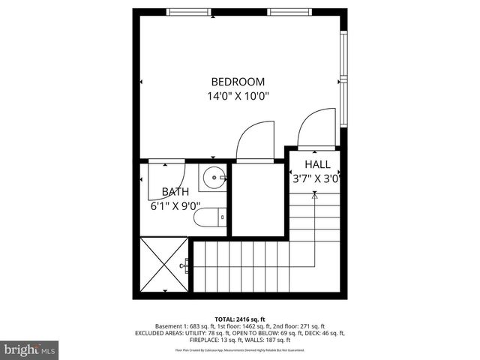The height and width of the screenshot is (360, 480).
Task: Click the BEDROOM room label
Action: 238,82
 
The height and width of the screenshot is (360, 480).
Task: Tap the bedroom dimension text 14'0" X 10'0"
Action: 238,96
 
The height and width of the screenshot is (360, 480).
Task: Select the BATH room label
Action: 175,193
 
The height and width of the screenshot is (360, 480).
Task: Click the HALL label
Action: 317,164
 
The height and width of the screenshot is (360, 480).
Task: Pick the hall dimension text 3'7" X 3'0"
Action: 316,178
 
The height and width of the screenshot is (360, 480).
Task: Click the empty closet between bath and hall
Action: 257,198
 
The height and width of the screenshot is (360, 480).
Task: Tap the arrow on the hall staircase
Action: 315,195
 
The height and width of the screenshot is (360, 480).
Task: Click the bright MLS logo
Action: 30,349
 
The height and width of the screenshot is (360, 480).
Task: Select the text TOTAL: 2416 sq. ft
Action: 239,319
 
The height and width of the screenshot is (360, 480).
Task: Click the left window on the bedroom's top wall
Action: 188,12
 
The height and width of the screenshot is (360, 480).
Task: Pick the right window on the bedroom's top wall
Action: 291,12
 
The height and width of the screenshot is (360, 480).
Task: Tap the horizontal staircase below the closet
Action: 240,268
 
